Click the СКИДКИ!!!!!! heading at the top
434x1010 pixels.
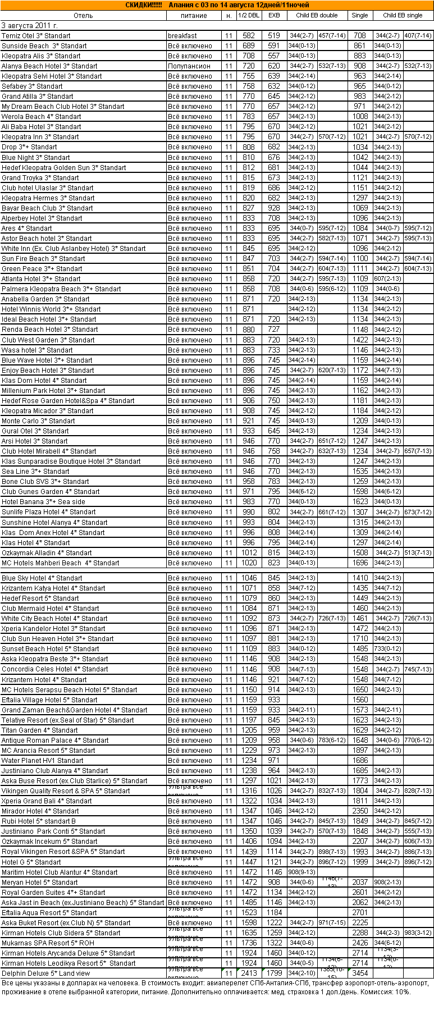144,5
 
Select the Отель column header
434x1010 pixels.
83,16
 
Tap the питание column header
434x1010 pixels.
194,16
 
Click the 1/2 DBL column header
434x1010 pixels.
249,16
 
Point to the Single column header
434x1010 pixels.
360,16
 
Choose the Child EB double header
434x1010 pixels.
317,16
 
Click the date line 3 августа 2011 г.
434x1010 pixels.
30,26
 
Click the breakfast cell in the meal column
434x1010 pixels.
182,36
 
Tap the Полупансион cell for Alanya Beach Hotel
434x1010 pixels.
189,66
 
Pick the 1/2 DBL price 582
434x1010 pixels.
249,36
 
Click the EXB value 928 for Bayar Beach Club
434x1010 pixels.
274,208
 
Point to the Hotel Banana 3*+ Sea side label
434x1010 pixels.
44,502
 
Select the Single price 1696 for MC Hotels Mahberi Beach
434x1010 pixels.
360,563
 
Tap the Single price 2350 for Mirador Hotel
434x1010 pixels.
360,811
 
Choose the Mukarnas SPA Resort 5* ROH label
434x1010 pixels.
48,943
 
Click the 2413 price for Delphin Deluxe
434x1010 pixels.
249,974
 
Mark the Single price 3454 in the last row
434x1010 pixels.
360,974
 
